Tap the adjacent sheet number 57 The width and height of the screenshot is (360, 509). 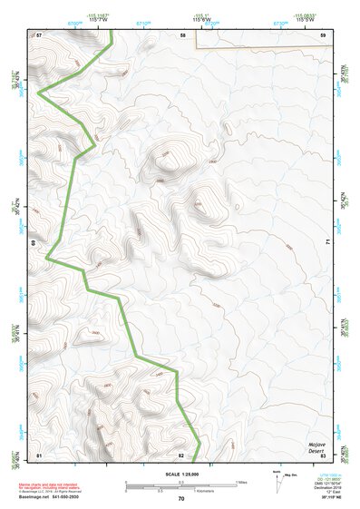(x=39, y=34)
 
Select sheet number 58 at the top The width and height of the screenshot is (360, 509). (x=182, y=34)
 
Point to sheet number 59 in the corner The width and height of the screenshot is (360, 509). (x=323, y=34)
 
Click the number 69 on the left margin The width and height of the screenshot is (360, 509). (x=34, y=243)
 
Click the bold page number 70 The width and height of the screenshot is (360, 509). (x=180, y=498)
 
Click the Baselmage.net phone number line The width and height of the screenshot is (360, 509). (x=48, y=497)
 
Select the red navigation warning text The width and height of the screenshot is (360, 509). (x=45, y=485)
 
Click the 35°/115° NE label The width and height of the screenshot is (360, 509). (x=328, y=499)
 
